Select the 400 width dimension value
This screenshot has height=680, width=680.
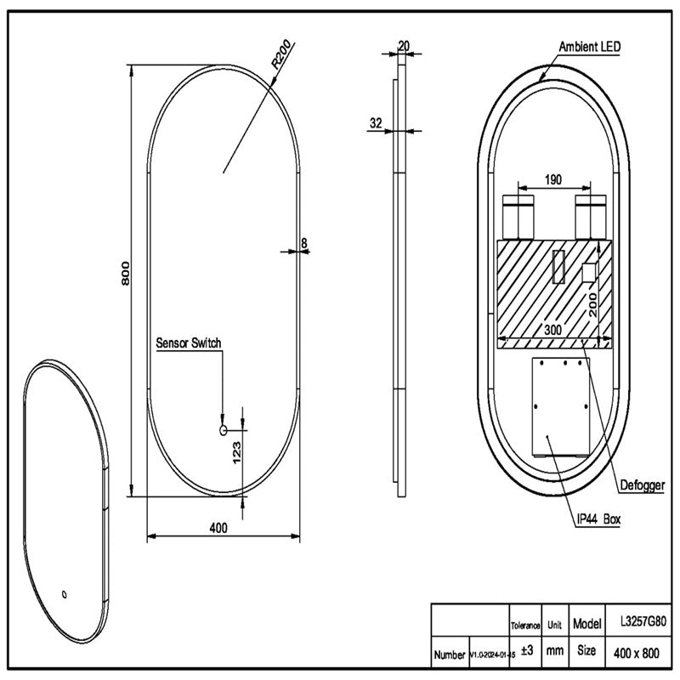219,528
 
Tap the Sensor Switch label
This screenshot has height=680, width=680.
189,343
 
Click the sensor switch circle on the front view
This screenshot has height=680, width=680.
224,430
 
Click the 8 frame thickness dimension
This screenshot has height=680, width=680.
303,244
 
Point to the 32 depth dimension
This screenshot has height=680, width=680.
376,123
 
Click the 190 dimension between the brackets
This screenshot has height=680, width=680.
552,180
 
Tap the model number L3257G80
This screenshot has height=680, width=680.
643,623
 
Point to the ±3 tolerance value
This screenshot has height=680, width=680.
526,652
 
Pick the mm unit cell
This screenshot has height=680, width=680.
555,652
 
